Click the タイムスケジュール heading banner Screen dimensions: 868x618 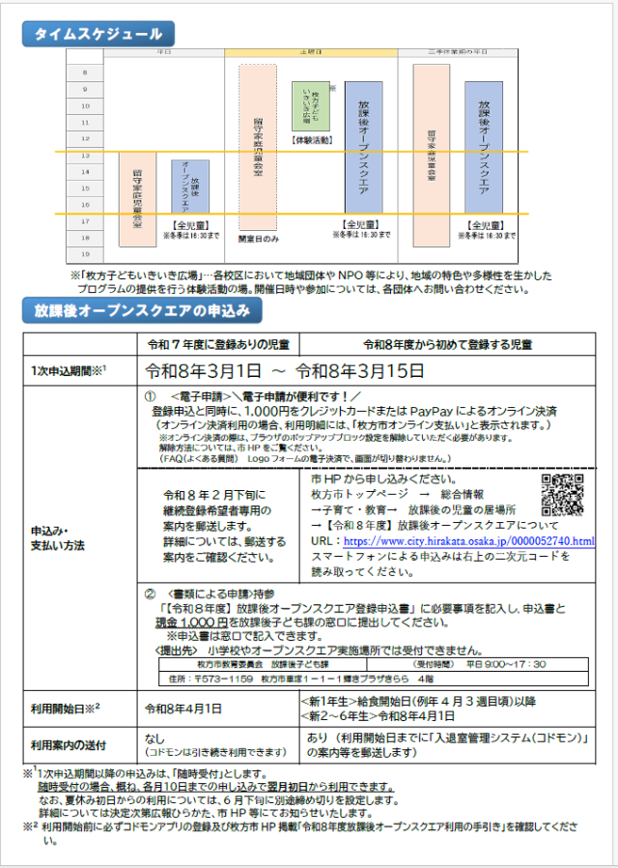(98, 34)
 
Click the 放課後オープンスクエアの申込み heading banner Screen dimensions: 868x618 (141, 310)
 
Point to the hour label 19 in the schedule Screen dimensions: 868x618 (86, 254)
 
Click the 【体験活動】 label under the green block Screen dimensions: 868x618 (311, 140)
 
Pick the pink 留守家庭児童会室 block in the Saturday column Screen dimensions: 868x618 (258, 147)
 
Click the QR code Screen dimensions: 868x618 (562, 496)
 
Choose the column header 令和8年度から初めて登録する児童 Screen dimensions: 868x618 (449, 345)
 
